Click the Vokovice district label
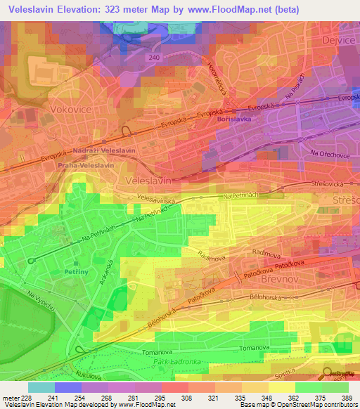[68, 109]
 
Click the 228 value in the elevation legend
[22, 398]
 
